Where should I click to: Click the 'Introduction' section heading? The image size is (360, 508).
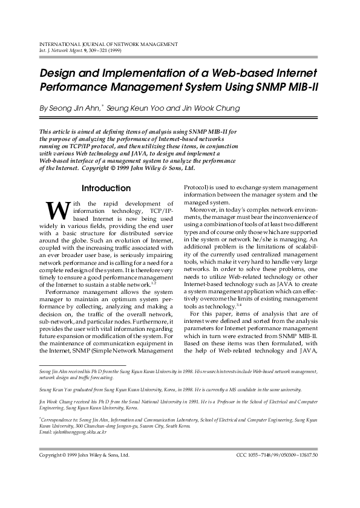pyautogui.click(x=106, y=188)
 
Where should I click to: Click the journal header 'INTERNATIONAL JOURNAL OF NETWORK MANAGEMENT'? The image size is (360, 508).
pyautogui.click(x=108, y=45)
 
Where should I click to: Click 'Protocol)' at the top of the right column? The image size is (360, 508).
pyautogui.click(x=198, y=187)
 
